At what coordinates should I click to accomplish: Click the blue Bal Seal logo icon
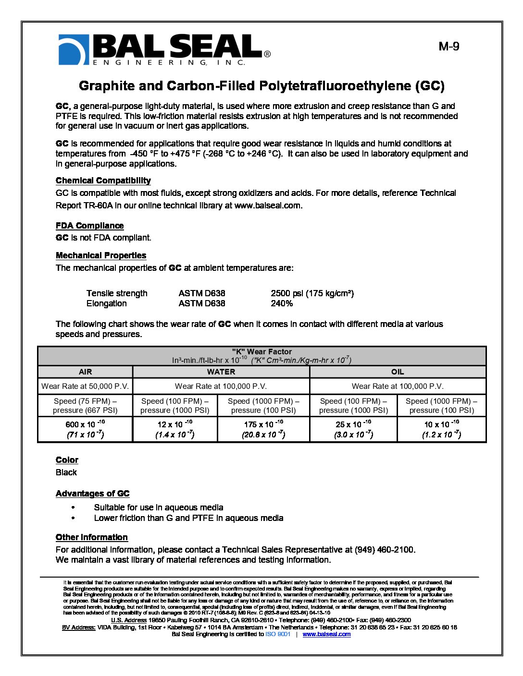pos(74,49)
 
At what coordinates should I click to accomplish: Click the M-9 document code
pos(448,47)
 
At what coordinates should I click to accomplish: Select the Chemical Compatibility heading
pos(103,181)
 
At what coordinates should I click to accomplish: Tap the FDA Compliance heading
pos(89,226)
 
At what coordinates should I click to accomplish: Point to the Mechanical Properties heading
pos(100,255)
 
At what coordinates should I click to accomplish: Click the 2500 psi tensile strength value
pos(312,293)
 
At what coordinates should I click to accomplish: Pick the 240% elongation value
pos(282,303)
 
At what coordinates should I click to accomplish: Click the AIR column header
pos(85,372)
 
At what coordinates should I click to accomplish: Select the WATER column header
pos(221,372)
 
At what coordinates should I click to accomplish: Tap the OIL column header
pos(398,372)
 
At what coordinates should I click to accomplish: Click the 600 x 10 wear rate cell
pos(85,429)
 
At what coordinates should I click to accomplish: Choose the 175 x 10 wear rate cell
pos(263,429)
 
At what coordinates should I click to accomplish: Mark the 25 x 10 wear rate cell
pos(353,429)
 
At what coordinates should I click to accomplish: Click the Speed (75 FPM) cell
pos(85,406)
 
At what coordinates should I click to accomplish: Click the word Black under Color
pos(66,472)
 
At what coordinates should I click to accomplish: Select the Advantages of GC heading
pos(92,494)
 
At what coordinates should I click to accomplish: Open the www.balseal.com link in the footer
pos(326,634)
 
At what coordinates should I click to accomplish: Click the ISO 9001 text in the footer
pos(278,634)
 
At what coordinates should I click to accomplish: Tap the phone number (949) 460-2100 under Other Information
pos(384,550)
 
